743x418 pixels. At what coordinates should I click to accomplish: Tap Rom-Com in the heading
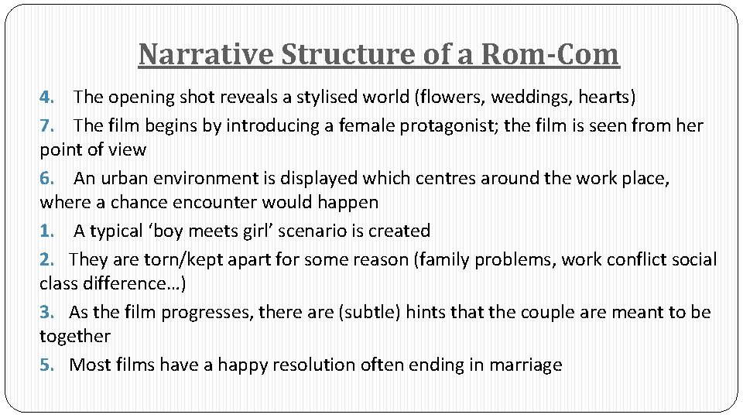point(550,54)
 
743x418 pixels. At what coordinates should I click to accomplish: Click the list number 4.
point(46,98)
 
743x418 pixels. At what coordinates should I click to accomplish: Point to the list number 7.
point(46,125)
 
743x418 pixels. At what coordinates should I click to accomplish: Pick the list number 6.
point(46,178)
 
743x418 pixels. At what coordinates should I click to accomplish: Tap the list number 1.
point(46,231)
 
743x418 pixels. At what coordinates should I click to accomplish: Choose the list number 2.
point(46,259)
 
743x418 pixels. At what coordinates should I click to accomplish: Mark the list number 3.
point(46,312)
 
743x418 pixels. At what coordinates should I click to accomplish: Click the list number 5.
point(46,365)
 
